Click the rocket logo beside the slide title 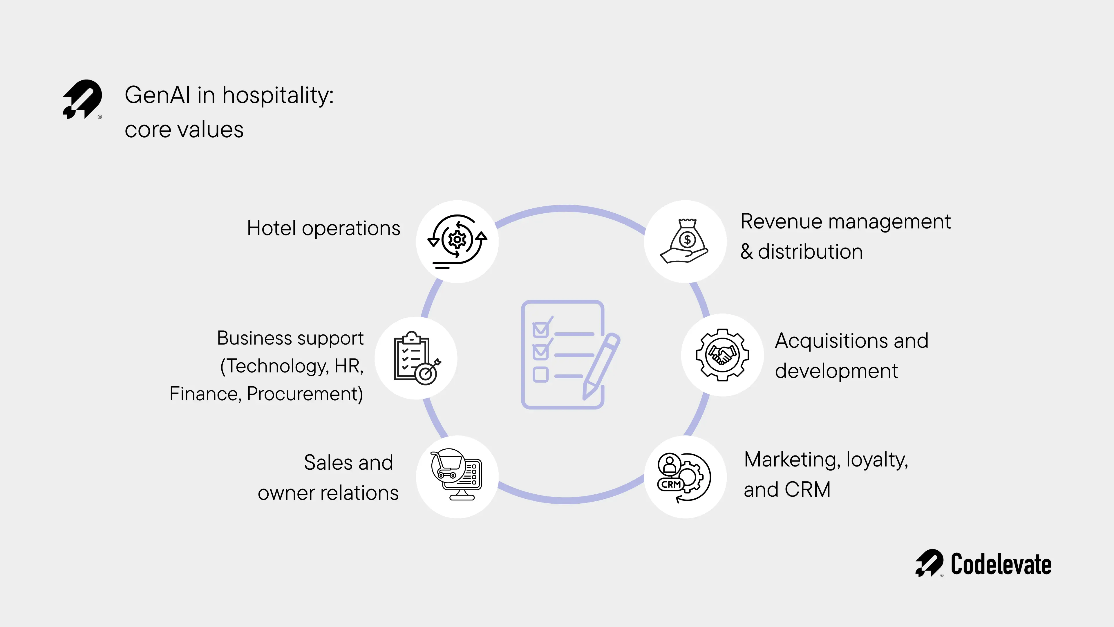(x=82, y=99)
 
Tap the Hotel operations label (x=323, y=228)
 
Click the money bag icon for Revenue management (x=685, y=241)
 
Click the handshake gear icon (x=722, y=355)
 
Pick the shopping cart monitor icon (x=457, y=474)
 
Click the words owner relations (x=328, y=493)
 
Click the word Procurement (x=305, y=394)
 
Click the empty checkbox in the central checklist (x=540, y=374)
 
